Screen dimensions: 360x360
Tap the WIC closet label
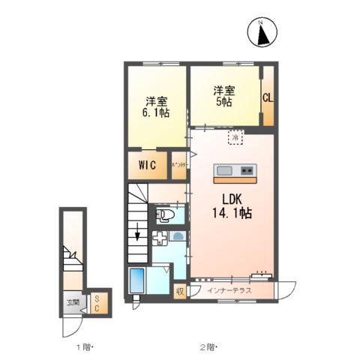[x=146, y=166]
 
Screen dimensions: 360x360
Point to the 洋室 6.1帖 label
[x=156, y=106]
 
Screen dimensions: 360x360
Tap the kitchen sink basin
[x=225, y=171]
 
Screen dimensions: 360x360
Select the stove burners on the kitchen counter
[x=247, y=171]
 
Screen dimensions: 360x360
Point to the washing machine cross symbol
[x=159, y=238]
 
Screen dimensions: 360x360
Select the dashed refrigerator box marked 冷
[x=235, y=138]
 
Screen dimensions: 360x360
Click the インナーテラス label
[x=228, y=290]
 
